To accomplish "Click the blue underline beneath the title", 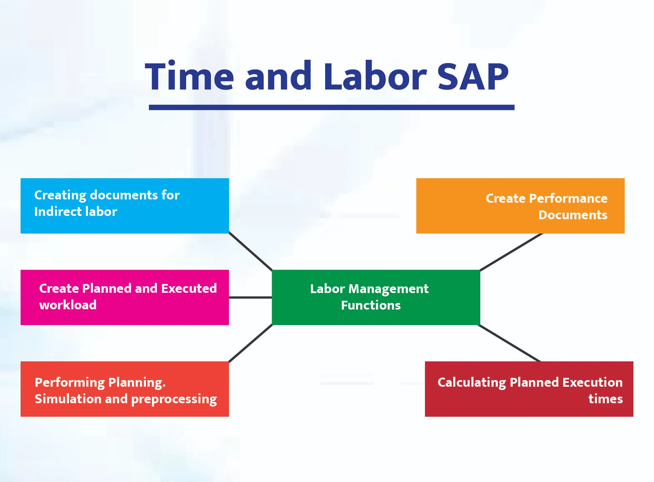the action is [x=331, y=107].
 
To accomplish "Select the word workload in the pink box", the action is [x=68, y=305].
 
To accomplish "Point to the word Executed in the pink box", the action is [x=189, y=288].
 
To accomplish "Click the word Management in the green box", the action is [x=389, y=289].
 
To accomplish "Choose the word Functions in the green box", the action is [x=371, y=305].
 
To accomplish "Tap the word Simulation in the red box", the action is [x=68, y=399].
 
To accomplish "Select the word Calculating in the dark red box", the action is [x=472, y=383].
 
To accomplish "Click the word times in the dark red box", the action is [x=606, y=399].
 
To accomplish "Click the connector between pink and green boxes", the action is [x=250, y=297].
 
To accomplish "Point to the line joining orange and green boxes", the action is [x=511, y=252].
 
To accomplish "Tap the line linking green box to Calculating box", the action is [x=509, y=343].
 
